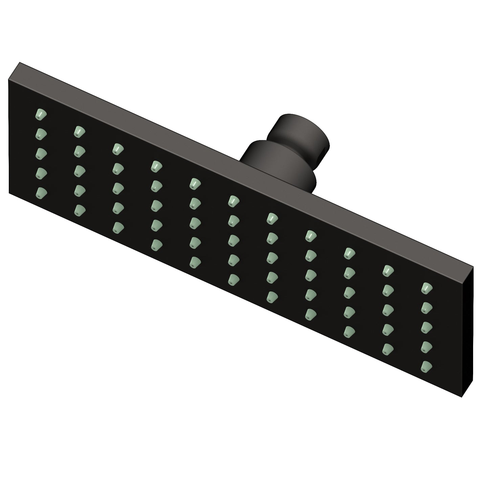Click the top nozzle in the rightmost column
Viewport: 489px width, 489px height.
pos(427,288)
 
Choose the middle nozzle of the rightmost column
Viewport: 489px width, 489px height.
pos(427,327)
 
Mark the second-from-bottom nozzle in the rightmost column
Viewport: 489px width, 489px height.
pos(427,346)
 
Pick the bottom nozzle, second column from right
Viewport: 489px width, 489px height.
pos(388,348)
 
